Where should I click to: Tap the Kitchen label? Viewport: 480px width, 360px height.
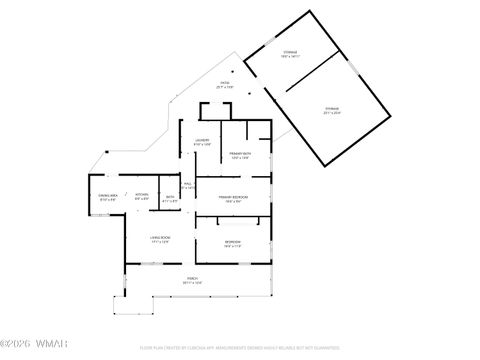coord(142,196)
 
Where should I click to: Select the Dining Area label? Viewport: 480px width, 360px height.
coord(107,198)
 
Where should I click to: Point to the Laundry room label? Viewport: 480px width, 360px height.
coord(200,140)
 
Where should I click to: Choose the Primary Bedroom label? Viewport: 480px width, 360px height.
coord(233,198)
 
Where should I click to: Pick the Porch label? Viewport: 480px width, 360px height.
coord(192,281)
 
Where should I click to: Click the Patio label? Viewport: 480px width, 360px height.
coord(225,84)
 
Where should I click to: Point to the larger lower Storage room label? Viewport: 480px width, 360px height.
coord(331,110)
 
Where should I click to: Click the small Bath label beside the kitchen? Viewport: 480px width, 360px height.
coord(170,198)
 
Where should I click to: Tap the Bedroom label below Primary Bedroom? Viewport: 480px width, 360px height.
coord(232,243)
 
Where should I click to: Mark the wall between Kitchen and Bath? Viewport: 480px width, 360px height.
coord(159,197)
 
